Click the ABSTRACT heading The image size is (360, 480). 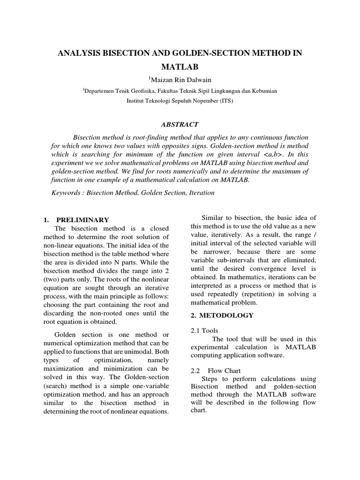point(180,125)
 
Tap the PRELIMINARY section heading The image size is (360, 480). point(82,219)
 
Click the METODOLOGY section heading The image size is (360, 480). point(226,315)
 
